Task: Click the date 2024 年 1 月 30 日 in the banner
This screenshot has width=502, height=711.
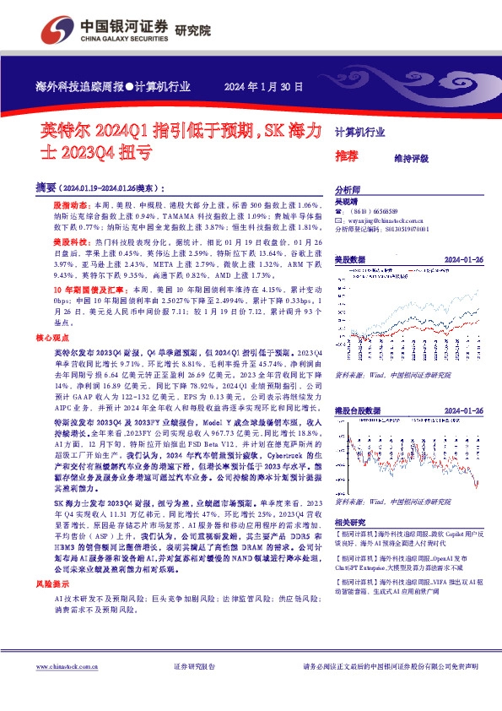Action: pos(261,87)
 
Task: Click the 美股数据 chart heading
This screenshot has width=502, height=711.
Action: pos(350,259)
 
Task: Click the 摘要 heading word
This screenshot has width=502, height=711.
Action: pos(46,187)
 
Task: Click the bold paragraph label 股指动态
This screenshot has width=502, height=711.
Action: pos(68,206)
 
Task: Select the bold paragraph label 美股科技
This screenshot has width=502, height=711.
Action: pos(68,241)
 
